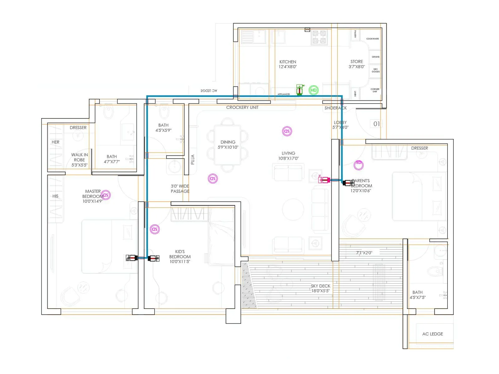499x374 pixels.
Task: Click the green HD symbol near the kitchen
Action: (x=313, y=90)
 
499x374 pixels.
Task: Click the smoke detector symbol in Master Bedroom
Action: (x=106, y=195)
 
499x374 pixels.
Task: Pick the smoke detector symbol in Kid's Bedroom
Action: (x=155, y=229)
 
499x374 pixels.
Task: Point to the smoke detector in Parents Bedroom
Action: (x=359, y=165)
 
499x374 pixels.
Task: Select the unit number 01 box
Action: (x=376, y=124)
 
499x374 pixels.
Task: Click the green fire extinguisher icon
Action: (x=300, y=90)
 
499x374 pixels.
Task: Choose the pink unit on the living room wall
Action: (x=324, y=180)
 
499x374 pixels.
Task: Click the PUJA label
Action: (x=192, y=160)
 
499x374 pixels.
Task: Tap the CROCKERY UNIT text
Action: (x=242, y=108)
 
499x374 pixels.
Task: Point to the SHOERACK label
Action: (x=335, y=108)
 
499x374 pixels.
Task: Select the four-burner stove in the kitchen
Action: (x=319, y=37)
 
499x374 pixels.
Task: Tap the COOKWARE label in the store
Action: (x=372, y=39)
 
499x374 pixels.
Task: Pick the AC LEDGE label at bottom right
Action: (x=432, y=334)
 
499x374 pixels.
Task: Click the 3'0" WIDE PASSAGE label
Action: (x=180, y=189)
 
